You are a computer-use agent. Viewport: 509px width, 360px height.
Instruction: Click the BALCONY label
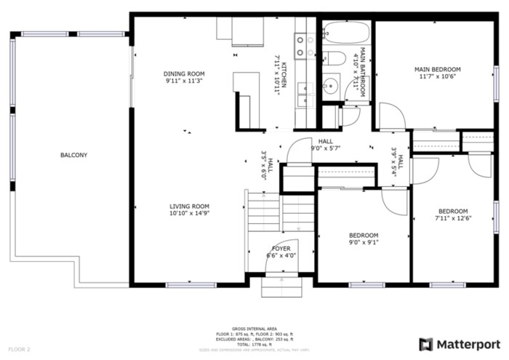[73, 155]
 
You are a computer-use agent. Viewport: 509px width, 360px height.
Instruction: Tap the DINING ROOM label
[185, 73]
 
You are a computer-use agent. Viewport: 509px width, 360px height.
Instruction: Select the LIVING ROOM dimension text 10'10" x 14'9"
[189, 214]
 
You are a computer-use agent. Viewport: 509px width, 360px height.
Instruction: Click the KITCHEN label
[284, 75]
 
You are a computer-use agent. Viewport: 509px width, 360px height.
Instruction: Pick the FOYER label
[281, 249]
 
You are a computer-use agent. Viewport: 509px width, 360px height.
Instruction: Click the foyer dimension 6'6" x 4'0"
[281, 256]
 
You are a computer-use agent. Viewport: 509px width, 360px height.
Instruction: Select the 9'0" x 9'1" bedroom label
[363, 235]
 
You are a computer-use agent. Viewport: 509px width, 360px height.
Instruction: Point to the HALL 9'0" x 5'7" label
[325, 141]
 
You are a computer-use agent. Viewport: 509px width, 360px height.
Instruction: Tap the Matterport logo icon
[426, 344]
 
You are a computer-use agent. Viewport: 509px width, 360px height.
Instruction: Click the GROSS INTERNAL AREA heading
[254, 329]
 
